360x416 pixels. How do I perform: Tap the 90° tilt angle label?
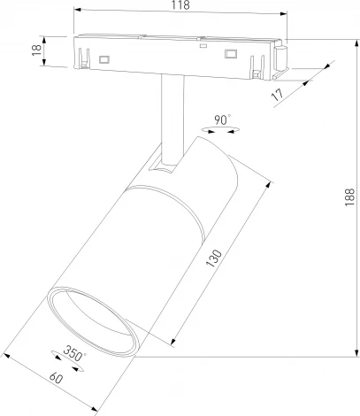tap(221, 118)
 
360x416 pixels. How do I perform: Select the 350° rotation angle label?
tap(75, 355)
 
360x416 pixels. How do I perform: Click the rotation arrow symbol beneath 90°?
tap(221, 131)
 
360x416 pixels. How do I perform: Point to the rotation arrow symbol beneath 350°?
tap(69, 366)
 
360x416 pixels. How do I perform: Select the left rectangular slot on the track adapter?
tap(104, 58)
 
